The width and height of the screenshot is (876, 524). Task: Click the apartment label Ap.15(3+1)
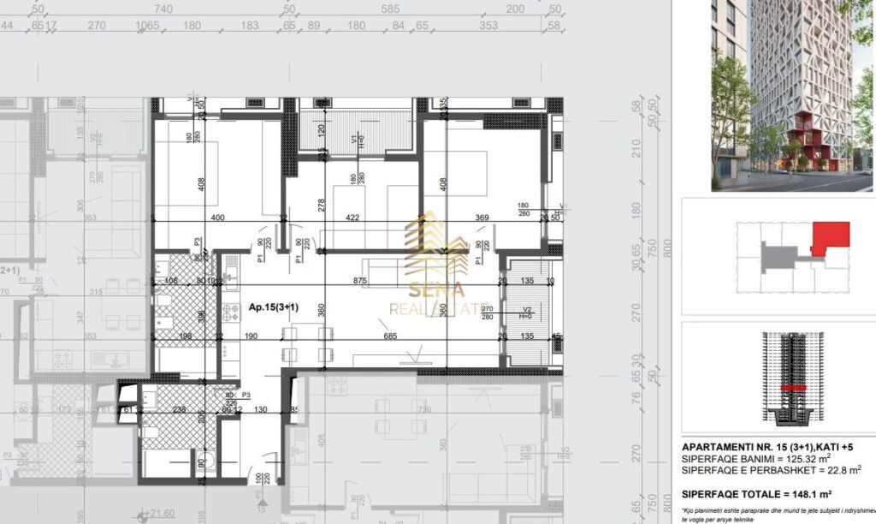coord(267,307)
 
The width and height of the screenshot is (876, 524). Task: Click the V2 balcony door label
coord(528,310)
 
